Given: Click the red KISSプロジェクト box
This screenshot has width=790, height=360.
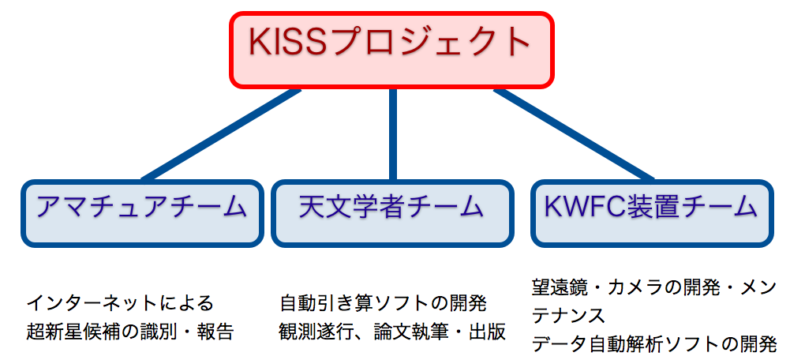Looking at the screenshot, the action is tap(392, 50).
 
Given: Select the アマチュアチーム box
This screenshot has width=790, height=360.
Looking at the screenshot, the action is tap(142, 213).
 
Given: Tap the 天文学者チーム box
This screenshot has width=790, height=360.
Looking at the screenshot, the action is tap(392, 213).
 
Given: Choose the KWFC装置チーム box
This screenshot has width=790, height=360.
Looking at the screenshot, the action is tap(652, 213).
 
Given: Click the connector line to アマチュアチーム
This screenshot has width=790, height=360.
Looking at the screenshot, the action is tap(221, 135).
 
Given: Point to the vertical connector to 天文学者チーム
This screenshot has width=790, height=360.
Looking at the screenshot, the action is tap(393, 135).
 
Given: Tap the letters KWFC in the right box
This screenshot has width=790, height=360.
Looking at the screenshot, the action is tap(578, 207).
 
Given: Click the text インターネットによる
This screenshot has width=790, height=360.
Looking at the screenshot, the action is tap(120, 303).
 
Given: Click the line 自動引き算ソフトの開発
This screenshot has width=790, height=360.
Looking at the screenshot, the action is tap(384, 303).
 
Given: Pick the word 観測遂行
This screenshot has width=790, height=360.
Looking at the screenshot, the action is tap(320, 332).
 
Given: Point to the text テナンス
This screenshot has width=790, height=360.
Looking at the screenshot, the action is tap(568, 316).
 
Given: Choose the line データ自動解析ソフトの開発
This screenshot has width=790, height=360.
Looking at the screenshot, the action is tap(654, 345).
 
